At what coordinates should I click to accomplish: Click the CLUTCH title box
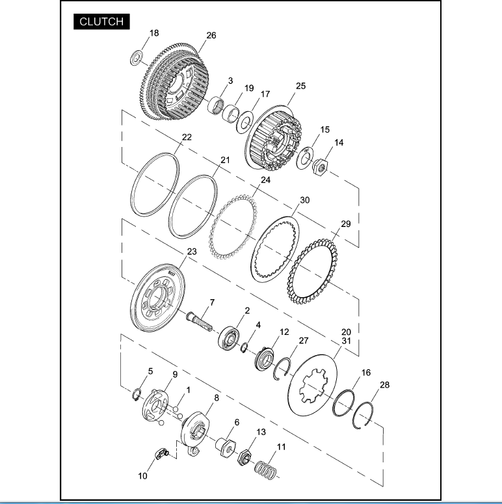pos(101,21)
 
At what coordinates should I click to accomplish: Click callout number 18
pos(154,33)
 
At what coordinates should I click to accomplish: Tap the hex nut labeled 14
pos(320,167)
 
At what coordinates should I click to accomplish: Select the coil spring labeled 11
pos(265,470)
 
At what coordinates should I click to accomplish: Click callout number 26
pos(211,35)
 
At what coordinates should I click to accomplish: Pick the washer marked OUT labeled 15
pos(305,157)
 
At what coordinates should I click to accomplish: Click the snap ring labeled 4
pos(244,348)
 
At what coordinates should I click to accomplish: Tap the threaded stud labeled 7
pos(199,321)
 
